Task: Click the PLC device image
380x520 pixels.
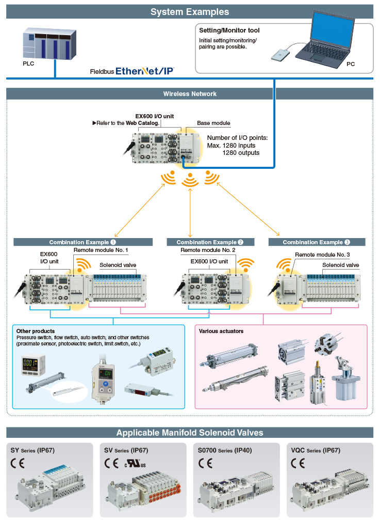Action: coord(49,43)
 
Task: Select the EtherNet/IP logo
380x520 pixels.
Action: coord(145,71)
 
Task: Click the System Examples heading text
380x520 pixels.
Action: coord(190,12)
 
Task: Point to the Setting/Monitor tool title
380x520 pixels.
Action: coord(229,30)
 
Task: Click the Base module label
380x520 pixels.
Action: coord(213,123)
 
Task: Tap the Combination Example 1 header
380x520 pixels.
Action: coord(82,242)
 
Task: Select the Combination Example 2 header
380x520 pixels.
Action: coord(210,242)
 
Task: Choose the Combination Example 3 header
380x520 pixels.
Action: coord(316,242)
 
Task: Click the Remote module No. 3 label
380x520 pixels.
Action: coord(322,255)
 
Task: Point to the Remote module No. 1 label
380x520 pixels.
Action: coord(101,250)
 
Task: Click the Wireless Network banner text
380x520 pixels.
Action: coord(190,94)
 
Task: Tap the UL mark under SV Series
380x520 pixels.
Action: coord(135,463)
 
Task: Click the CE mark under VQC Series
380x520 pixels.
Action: coord(298,463)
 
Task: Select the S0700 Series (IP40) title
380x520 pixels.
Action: coord(225,450)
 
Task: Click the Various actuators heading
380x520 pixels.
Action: coord(221,331)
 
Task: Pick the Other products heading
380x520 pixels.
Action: coord(36,331)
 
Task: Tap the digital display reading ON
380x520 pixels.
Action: coord(107,374)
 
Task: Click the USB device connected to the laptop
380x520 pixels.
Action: coord(280,55)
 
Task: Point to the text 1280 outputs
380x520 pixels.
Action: coord(241,153)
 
